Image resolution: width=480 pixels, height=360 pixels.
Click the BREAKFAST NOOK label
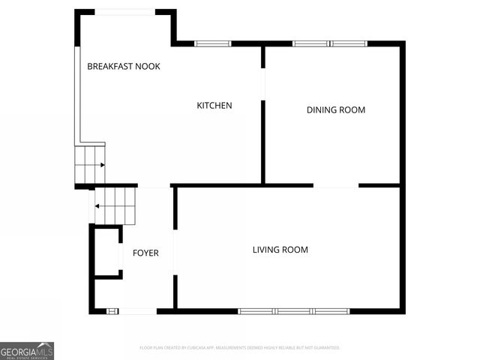pyautogui.click(x=124, y=66)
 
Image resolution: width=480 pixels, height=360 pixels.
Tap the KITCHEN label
pyautogui.click(x=214, y=106)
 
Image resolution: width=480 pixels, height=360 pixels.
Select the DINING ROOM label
pyautogui.click(x=336, y=110)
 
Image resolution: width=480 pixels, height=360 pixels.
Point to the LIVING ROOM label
pyautogui.click(x=280, y=250)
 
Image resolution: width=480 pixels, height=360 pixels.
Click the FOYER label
pyautogui.click(x=145, y=253)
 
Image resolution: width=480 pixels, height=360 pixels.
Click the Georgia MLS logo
pyautogui.click(x=27, y=350)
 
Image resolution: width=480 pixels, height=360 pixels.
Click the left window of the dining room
pyautogui.click(x=310, y=43)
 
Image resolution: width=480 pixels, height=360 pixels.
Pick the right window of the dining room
pyautogui.click(x=349, y=43)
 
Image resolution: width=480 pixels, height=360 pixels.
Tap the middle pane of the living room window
pyautogui.click(x=294, y=310)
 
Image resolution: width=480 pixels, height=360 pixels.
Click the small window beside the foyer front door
pyautogui.click(x=112, y=310)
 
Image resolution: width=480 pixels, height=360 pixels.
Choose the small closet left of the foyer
pyautogui.click(x=106, y=251)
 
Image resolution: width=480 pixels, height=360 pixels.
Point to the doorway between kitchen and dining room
pyautogui.click(x=263, y=83)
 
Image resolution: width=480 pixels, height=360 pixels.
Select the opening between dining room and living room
pyautogui.click(x=336, y=185)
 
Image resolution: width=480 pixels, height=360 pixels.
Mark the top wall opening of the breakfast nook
pyautogui.click(x=124, y=11)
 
